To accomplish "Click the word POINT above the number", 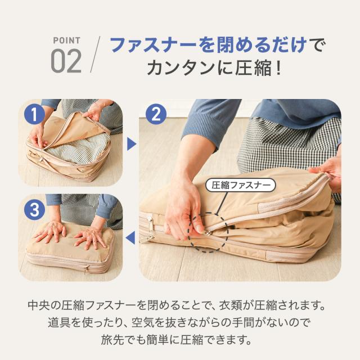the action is click(66, 40).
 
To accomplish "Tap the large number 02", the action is click(66, 61).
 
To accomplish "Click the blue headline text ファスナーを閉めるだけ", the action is click(209, 44).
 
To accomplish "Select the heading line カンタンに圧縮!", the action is click(214, 67).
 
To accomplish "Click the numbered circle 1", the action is click(34, 114).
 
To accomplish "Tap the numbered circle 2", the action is click(156, 114).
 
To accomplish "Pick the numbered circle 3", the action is click(34, 210).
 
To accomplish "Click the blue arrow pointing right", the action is click(132, 144).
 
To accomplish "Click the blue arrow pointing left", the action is click(130, 237).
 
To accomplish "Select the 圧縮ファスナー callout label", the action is click(240, 185).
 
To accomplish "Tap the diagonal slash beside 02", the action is click(95, 55).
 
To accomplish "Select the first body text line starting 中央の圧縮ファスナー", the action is click(176, 305).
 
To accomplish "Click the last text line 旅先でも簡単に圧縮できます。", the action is click(176, 340).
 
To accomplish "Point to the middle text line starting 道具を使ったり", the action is click(179, 322).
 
